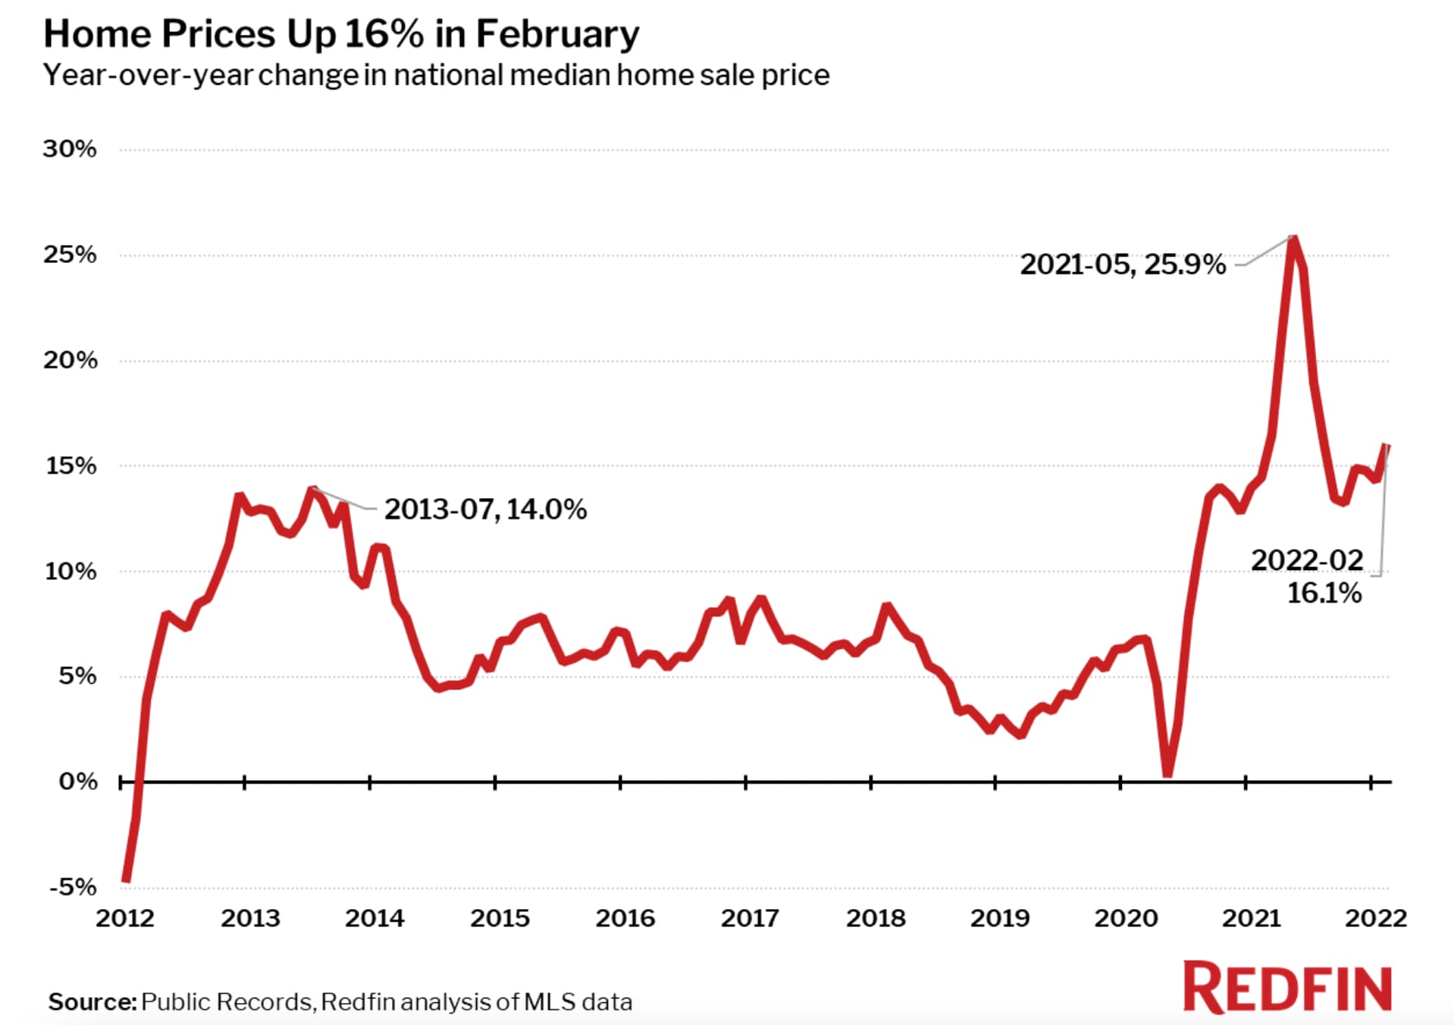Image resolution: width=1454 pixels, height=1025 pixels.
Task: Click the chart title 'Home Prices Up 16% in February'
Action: pos(341,34)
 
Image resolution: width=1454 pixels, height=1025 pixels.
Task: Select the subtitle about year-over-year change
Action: pos(436,75)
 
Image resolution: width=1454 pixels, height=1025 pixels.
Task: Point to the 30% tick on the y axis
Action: pos(70,149)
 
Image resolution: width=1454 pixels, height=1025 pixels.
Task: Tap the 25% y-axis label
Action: pos(70,254)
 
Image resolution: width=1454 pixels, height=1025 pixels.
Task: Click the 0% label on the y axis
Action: pos(78,781)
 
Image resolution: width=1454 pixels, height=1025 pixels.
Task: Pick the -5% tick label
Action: pos(73,886)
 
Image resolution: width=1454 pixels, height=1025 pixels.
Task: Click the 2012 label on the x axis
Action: pos(125,918)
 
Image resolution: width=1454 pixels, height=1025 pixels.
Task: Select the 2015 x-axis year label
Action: pos(500,918)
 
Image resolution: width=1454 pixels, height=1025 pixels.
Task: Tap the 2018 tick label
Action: pos(876,918)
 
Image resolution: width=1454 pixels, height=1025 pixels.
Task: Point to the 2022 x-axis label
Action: pos(1375,918)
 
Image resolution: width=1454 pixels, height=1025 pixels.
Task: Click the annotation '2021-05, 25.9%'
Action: pos(1123,265)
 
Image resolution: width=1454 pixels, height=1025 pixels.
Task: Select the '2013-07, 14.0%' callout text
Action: pos(485,509)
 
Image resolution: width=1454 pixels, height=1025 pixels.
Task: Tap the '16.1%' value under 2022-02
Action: pos(1324,593)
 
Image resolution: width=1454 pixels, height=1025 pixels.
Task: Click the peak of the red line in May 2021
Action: pos(1294,239)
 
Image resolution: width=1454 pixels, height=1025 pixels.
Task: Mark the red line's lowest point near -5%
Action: pos(126,879)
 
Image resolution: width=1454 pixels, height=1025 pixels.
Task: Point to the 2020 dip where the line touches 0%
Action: pos(1167,773)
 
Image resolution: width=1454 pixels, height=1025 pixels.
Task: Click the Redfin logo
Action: pos(1287,987)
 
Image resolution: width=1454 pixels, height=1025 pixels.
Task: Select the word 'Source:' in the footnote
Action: pos(92,1002)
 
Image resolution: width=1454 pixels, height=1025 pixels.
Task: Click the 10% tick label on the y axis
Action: pos(71,571)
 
